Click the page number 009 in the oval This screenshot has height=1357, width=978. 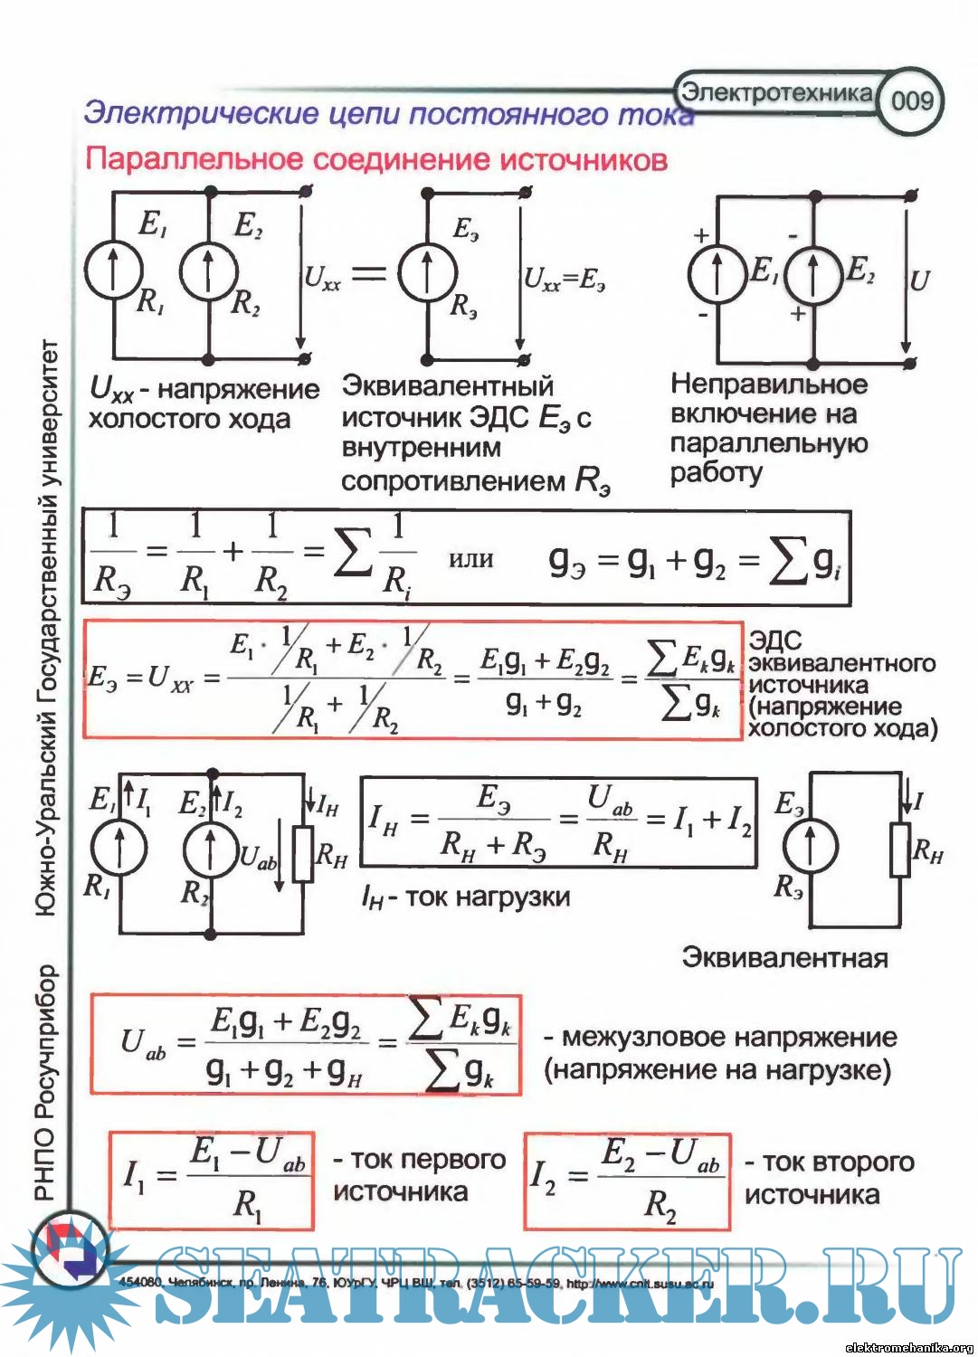[x=911, y=100]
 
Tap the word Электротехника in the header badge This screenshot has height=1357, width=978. [x=776, y=91]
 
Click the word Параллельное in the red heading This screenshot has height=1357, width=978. [x=194, y=159]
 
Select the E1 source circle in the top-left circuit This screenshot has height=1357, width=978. [x=114, y=269]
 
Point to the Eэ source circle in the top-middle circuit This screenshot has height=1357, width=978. [x=427, y=270]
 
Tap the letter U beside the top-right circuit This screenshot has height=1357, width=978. [x=920, y=280]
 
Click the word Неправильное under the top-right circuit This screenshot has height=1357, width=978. [x=769, y=384]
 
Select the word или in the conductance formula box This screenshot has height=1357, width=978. [x=471, y=558]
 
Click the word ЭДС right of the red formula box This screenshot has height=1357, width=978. [x=775, y=641]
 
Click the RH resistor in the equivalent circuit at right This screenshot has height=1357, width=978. [x=899, y=849]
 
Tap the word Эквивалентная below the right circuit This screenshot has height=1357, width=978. [x=784, y=957]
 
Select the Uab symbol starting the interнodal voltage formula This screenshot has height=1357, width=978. [x=143, y=1044]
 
